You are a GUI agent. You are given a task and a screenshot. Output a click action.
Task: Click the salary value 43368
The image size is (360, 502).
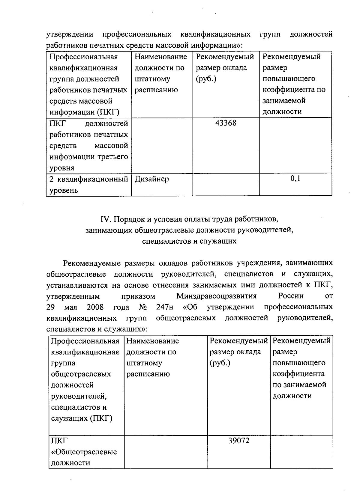pyautogui.click(x=226, y=123)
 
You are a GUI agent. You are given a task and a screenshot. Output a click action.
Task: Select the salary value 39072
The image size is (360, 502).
pyautogui.click(x=239, y=441)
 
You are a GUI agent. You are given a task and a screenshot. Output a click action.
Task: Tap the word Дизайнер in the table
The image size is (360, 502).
pyautogui.click(x=151, y=179)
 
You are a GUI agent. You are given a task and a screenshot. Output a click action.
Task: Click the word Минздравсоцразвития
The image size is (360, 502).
pyautogui.click(x=216, y=296)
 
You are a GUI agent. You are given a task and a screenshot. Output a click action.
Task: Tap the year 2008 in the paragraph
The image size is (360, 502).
pyautogui.click(x=95, y=307)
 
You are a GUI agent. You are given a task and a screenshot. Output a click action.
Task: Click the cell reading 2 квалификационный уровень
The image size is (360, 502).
pyautogui.click(x=88, y=185)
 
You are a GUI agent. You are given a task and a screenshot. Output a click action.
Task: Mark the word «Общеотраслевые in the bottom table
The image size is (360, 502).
pyautogui.click(x=84, y=452)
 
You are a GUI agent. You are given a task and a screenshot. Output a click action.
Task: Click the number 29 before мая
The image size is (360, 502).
pyautogui.click(x=50, y=307)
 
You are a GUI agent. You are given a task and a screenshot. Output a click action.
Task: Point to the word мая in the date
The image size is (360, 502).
pyautogui.click(x=70, y=307)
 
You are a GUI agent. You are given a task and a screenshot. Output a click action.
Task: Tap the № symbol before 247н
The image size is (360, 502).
pyautogui.click(x=142, y=307)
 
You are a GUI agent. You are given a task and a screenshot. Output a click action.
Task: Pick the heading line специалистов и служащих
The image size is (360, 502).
pyautogui.click(x=189, y=241)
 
